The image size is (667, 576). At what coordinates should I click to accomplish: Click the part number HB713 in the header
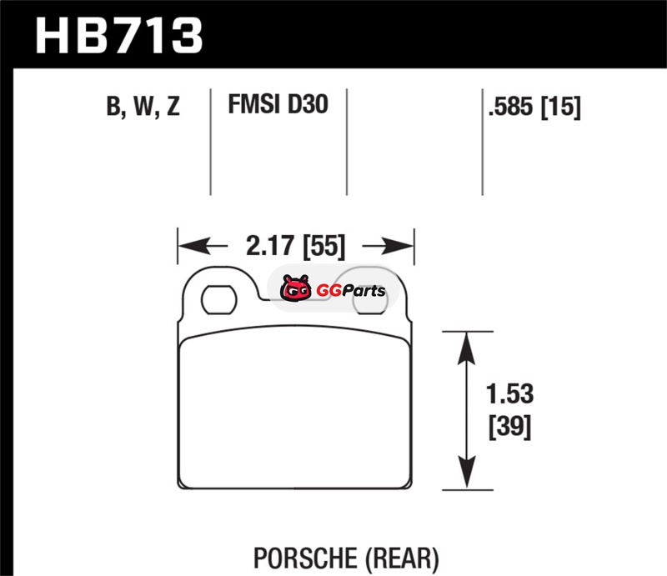tap(118, 36)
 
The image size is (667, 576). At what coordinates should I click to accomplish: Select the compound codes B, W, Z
tap(143, 106)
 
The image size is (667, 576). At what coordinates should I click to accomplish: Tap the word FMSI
tap(253, 104)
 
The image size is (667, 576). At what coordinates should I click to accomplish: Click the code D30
tap(308, 104)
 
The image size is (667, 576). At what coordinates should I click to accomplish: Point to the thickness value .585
tap(510, 106)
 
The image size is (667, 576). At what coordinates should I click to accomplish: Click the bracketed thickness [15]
tap(560, 107)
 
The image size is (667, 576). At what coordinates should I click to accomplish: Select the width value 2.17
tap(269, 245)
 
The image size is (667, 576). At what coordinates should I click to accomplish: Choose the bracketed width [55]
tap(323, 246)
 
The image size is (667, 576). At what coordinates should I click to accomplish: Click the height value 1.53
tap(509, 394)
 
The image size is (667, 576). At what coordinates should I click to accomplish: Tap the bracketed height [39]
tap(510, 426)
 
